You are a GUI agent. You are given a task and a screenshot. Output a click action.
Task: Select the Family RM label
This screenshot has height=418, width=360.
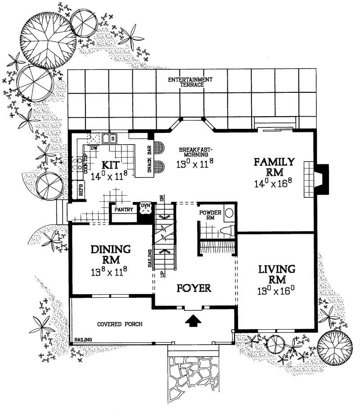(273, 166)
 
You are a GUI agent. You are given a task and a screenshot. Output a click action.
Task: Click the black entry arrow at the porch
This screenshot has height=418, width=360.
(193, 320)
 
